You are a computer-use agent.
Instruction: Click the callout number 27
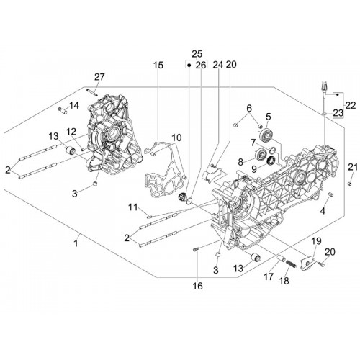pyautogui.click(x=99, y=77)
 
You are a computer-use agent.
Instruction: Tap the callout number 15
pyautogui.click(x=158, y=65)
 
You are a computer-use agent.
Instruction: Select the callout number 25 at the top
pyautogui.click(x=197, y=53)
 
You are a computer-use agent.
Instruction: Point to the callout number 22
pyautogui.click(x=351, y=105)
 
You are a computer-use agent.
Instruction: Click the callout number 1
pyautogui.click(x=76, y=243)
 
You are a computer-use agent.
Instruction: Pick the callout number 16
pyautogui.click(x=198, y=286)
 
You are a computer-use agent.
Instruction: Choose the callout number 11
pyautogui.click(x=132, y=207)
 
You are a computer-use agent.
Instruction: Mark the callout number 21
pyautogui.click(x=353, y=167)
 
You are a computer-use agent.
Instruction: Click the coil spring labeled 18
pyautogui.click(x=291, y=264)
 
